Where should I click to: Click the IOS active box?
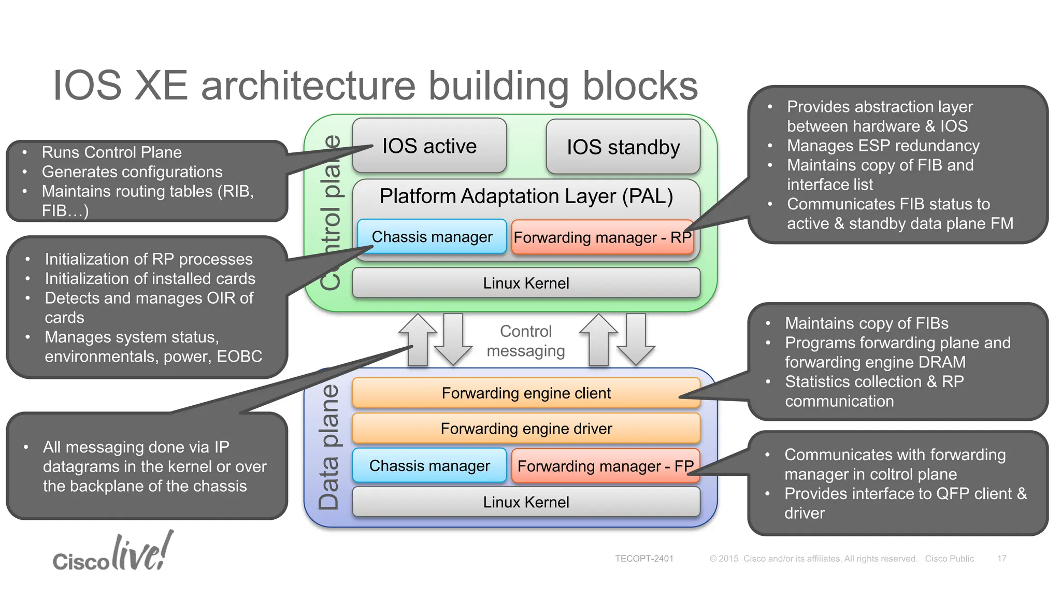(429, 146)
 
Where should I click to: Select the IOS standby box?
(623, 147)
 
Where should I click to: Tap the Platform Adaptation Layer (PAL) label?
(526, 196)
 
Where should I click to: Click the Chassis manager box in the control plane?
(432, 237)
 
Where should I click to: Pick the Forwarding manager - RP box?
(603, 237)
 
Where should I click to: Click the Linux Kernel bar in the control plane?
(526, 283)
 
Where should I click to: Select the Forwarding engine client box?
(526, 393)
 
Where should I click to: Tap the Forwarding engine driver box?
(526, 429)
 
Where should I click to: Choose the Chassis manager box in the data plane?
(429, 466)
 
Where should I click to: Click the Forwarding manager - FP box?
(606, 466)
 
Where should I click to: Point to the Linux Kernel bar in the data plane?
(526, 502)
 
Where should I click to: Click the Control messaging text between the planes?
(526, 341)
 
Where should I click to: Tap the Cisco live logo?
(113, 551)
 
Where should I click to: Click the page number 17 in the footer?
(1002, 559)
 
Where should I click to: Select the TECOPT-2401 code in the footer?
(644, 559)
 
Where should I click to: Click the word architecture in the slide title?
(308, 86)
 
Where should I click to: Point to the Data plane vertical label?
(328, 447)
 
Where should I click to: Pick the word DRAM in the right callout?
(941, 362)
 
